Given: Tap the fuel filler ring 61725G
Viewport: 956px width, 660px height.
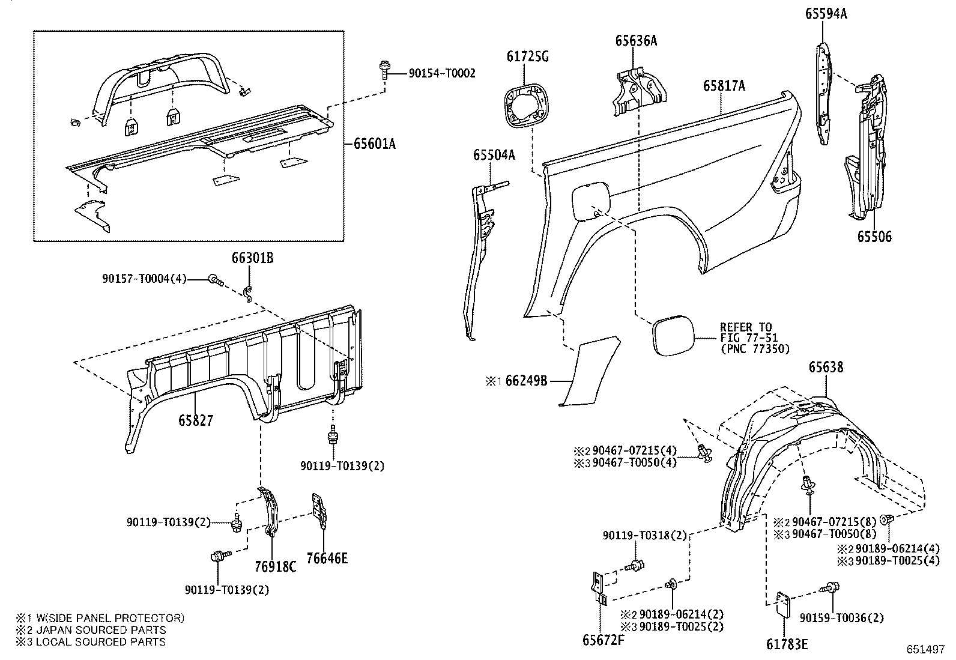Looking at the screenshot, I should [x=526, y=107].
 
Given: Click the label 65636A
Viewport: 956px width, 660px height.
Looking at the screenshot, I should [x=635, y=41].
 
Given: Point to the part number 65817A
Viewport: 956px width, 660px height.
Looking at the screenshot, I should [x=724, y=86].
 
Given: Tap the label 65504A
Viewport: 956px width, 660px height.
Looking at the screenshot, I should [x=494, y=155].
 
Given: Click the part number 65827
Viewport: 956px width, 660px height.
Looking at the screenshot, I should [x=195, y=420].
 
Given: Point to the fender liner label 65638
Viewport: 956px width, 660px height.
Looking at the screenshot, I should [x=825, y=366].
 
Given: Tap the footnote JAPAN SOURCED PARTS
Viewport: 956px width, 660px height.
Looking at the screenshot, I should [x=101, y=630].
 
